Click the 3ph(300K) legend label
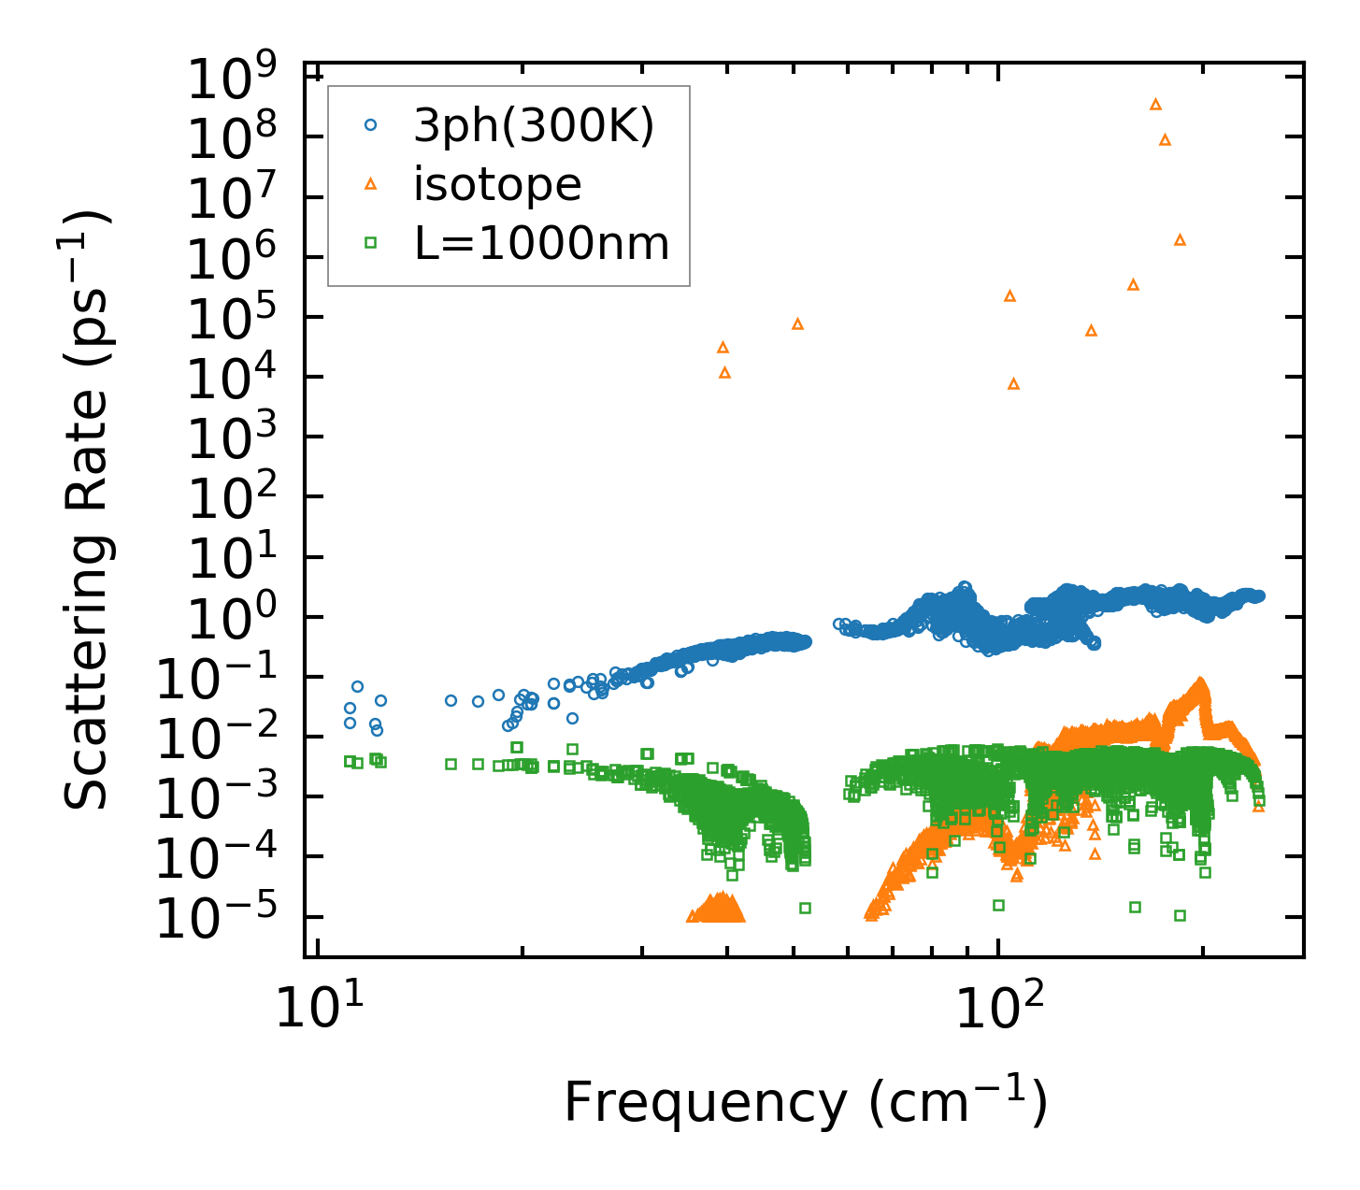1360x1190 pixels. click(x=534, y=124)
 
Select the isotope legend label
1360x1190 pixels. click(x=497, y=184)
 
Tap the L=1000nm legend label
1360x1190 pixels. click(x=542, y=244)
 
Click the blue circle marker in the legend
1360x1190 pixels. click(x=370, y=124)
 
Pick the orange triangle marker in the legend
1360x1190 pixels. click(x=370, y=184)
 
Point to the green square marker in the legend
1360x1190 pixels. click(x=370, y=243)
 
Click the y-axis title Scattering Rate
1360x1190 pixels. click(x=87, y=509)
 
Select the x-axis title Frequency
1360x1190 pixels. click(x=805, y=1102)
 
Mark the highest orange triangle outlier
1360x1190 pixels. click(x=1155, y=104)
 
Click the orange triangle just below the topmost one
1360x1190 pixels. click(x=1165, y=139)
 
